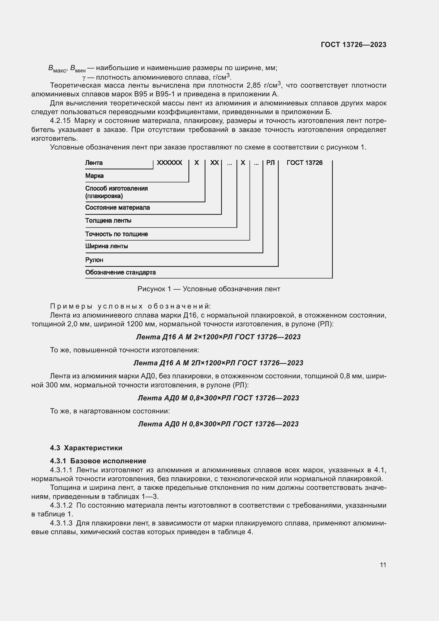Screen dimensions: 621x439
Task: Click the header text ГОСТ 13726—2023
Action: (x=353, y=45)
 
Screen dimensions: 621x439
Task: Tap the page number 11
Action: (x=383, y=565)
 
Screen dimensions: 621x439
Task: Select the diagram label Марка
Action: (x=94, y=176)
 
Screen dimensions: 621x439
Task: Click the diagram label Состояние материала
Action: (x=117, y=208)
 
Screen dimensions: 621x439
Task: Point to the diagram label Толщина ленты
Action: (x=108, y=221)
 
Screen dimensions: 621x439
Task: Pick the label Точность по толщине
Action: (x=117, y=234)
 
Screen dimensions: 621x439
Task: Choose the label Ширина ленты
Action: (x=106, y=246)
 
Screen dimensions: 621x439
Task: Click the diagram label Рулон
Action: (x=94, y=260)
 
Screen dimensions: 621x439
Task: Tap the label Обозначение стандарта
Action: (x=120, y=272)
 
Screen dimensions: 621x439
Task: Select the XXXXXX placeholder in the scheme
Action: (x=170, y=163)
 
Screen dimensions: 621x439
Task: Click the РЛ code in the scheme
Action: (x=270, y=163)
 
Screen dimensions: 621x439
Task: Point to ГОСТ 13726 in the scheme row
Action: (x=304, y=163)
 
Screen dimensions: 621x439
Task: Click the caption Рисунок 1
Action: (x=209, y=289)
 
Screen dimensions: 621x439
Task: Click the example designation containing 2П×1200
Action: (x=218, y=363)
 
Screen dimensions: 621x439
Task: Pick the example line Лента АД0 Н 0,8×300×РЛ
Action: (x=218, y=424)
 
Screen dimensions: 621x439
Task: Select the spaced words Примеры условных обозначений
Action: (x=130, y=306)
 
